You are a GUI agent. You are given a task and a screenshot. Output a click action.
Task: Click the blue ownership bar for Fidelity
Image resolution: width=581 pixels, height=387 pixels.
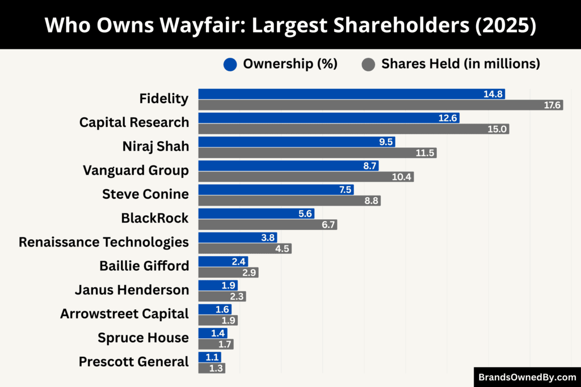(x=340, y=94)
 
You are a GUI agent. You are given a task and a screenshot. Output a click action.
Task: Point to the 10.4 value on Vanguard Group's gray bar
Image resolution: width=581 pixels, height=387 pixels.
(x=402, y=177)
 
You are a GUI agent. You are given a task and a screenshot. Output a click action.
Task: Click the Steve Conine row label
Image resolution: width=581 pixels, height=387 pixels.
(x=145, y=194)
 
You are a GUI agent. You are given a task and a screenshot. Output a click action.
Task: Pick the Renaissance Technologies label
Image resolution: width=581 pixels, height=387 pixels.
(x=104, y=242)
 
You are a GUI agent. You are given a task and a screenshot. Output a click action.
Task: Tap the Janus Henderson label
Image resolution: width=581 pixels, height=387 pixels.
(x=132, y=290)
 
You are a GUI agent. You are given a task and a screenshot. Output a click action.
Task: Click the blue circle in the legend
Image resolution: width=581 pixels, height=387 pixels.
(x=230, y=65)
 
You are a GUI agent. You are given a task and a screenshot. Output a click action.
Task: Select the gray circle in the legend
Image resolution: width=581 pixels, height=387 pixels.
(x=368, y=65)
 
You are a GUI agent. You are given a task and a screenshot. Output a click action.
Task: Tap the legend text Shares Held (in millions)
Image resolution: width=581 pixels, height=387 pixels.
(x=460, y=64)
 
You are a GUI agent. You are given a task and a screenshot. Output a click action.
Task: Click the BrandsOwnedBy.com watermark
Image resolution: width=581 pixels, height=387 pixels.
(x=527, y=377)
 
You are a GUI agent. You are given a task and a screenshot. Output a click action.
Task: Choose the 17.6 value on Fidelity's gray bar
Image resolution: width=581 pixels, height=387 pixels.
(x=552, y=105)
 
